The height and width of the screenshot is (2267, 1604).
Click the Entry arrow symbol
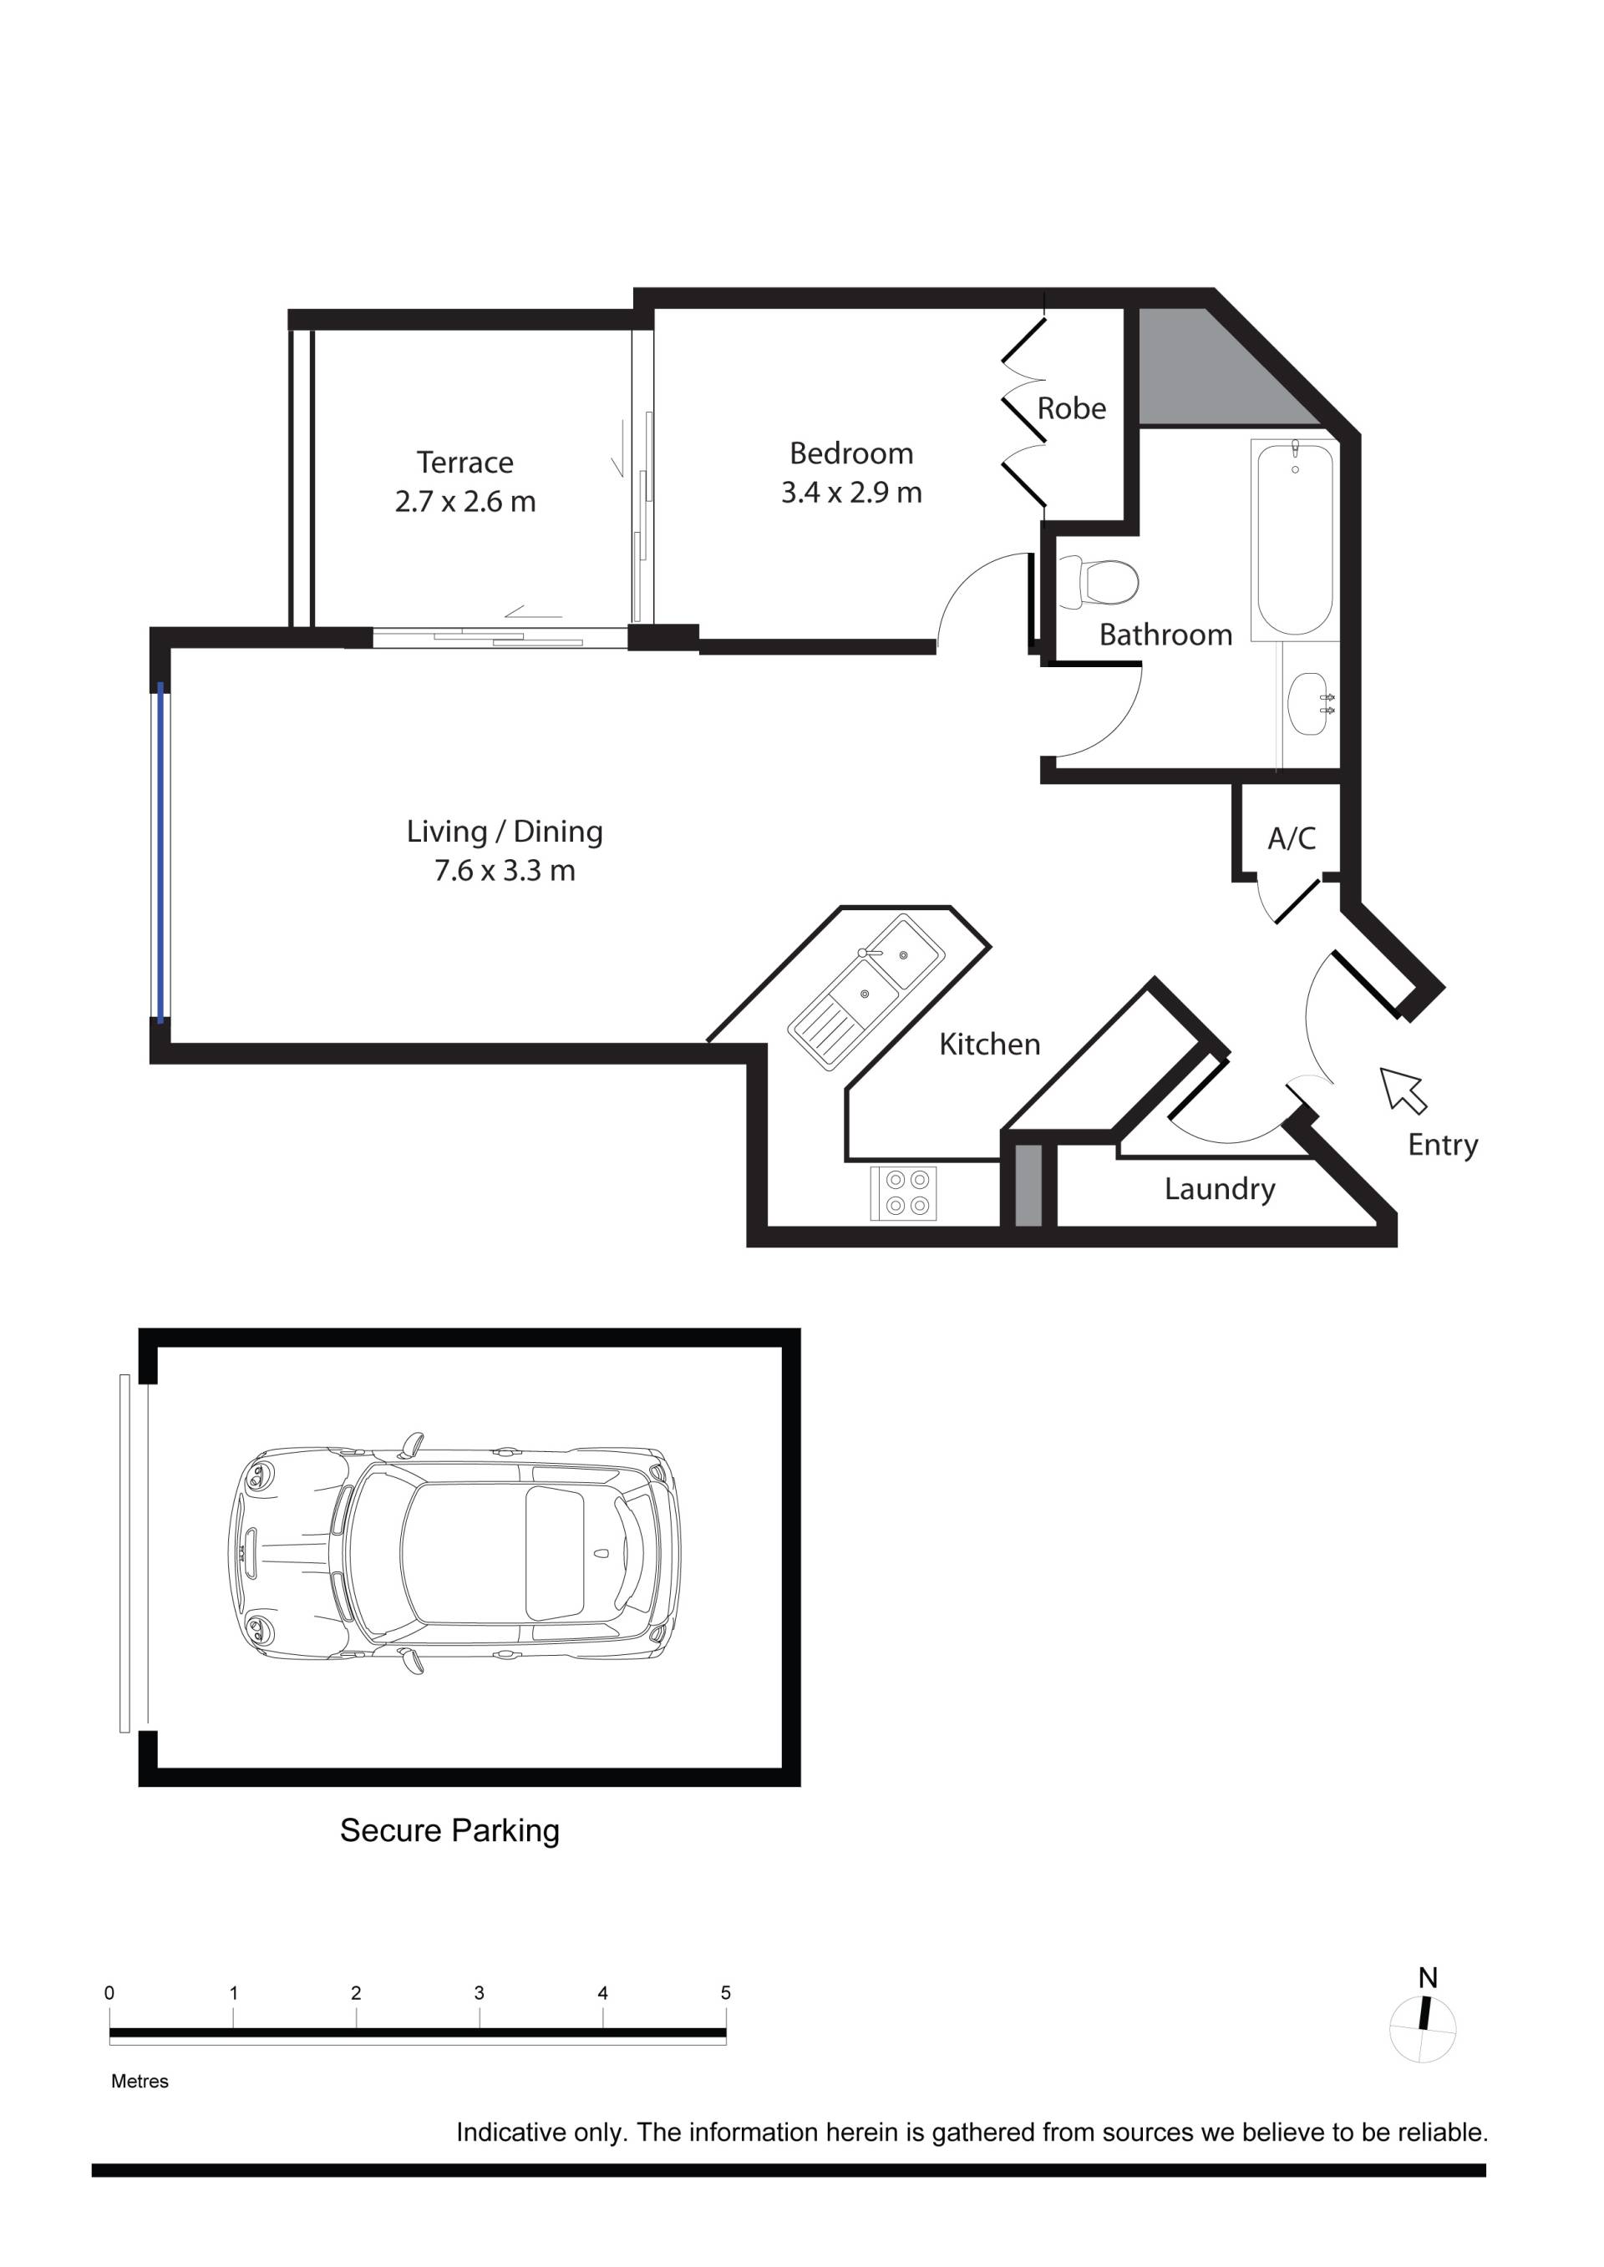(1403, 1089)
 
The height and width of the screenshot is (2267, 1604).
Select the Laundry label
(1220, 1189)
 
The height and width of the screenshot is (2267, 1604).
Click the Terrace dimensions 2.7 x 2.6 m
(465, 502)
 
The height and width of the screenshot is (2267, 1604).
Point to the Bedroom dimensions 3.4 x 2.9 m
(851, 492)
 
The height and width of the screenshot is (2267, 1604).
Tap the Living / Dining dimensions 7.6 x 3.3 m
(505, 870)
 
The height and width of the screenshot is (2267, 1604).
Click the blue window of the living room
(161, 851)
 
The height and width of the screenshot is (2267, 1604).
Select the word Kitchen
(990, 1044)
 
